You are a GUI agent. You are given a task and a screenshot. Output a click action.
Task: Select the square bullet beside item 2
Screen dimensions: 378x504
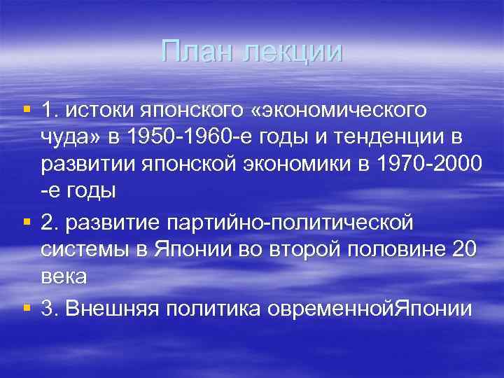[27, 222]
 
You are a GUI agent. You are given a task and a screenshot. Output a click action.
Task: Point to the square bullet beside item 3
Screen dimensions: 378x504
[27, 308]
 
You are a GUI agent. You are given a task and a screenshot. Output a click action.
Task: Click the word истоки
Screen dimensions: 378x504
[99, 110]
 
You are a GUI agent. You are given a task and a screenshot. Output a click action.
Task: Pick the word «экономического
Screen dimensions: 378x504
[338, 110]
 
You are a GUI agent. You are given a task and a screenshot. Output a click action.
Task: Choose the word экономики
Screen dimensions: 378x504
[309, 164]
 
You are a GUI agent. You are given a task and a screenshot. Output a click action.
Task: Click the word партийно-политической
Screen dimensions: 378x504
[290, 223]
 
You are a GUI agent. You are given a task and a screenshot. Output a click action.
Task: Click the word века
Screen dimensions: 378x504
[64, 277]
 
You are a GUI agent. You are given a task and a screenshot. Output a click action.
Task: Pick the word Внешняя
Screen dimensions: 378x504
[109, 309]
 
